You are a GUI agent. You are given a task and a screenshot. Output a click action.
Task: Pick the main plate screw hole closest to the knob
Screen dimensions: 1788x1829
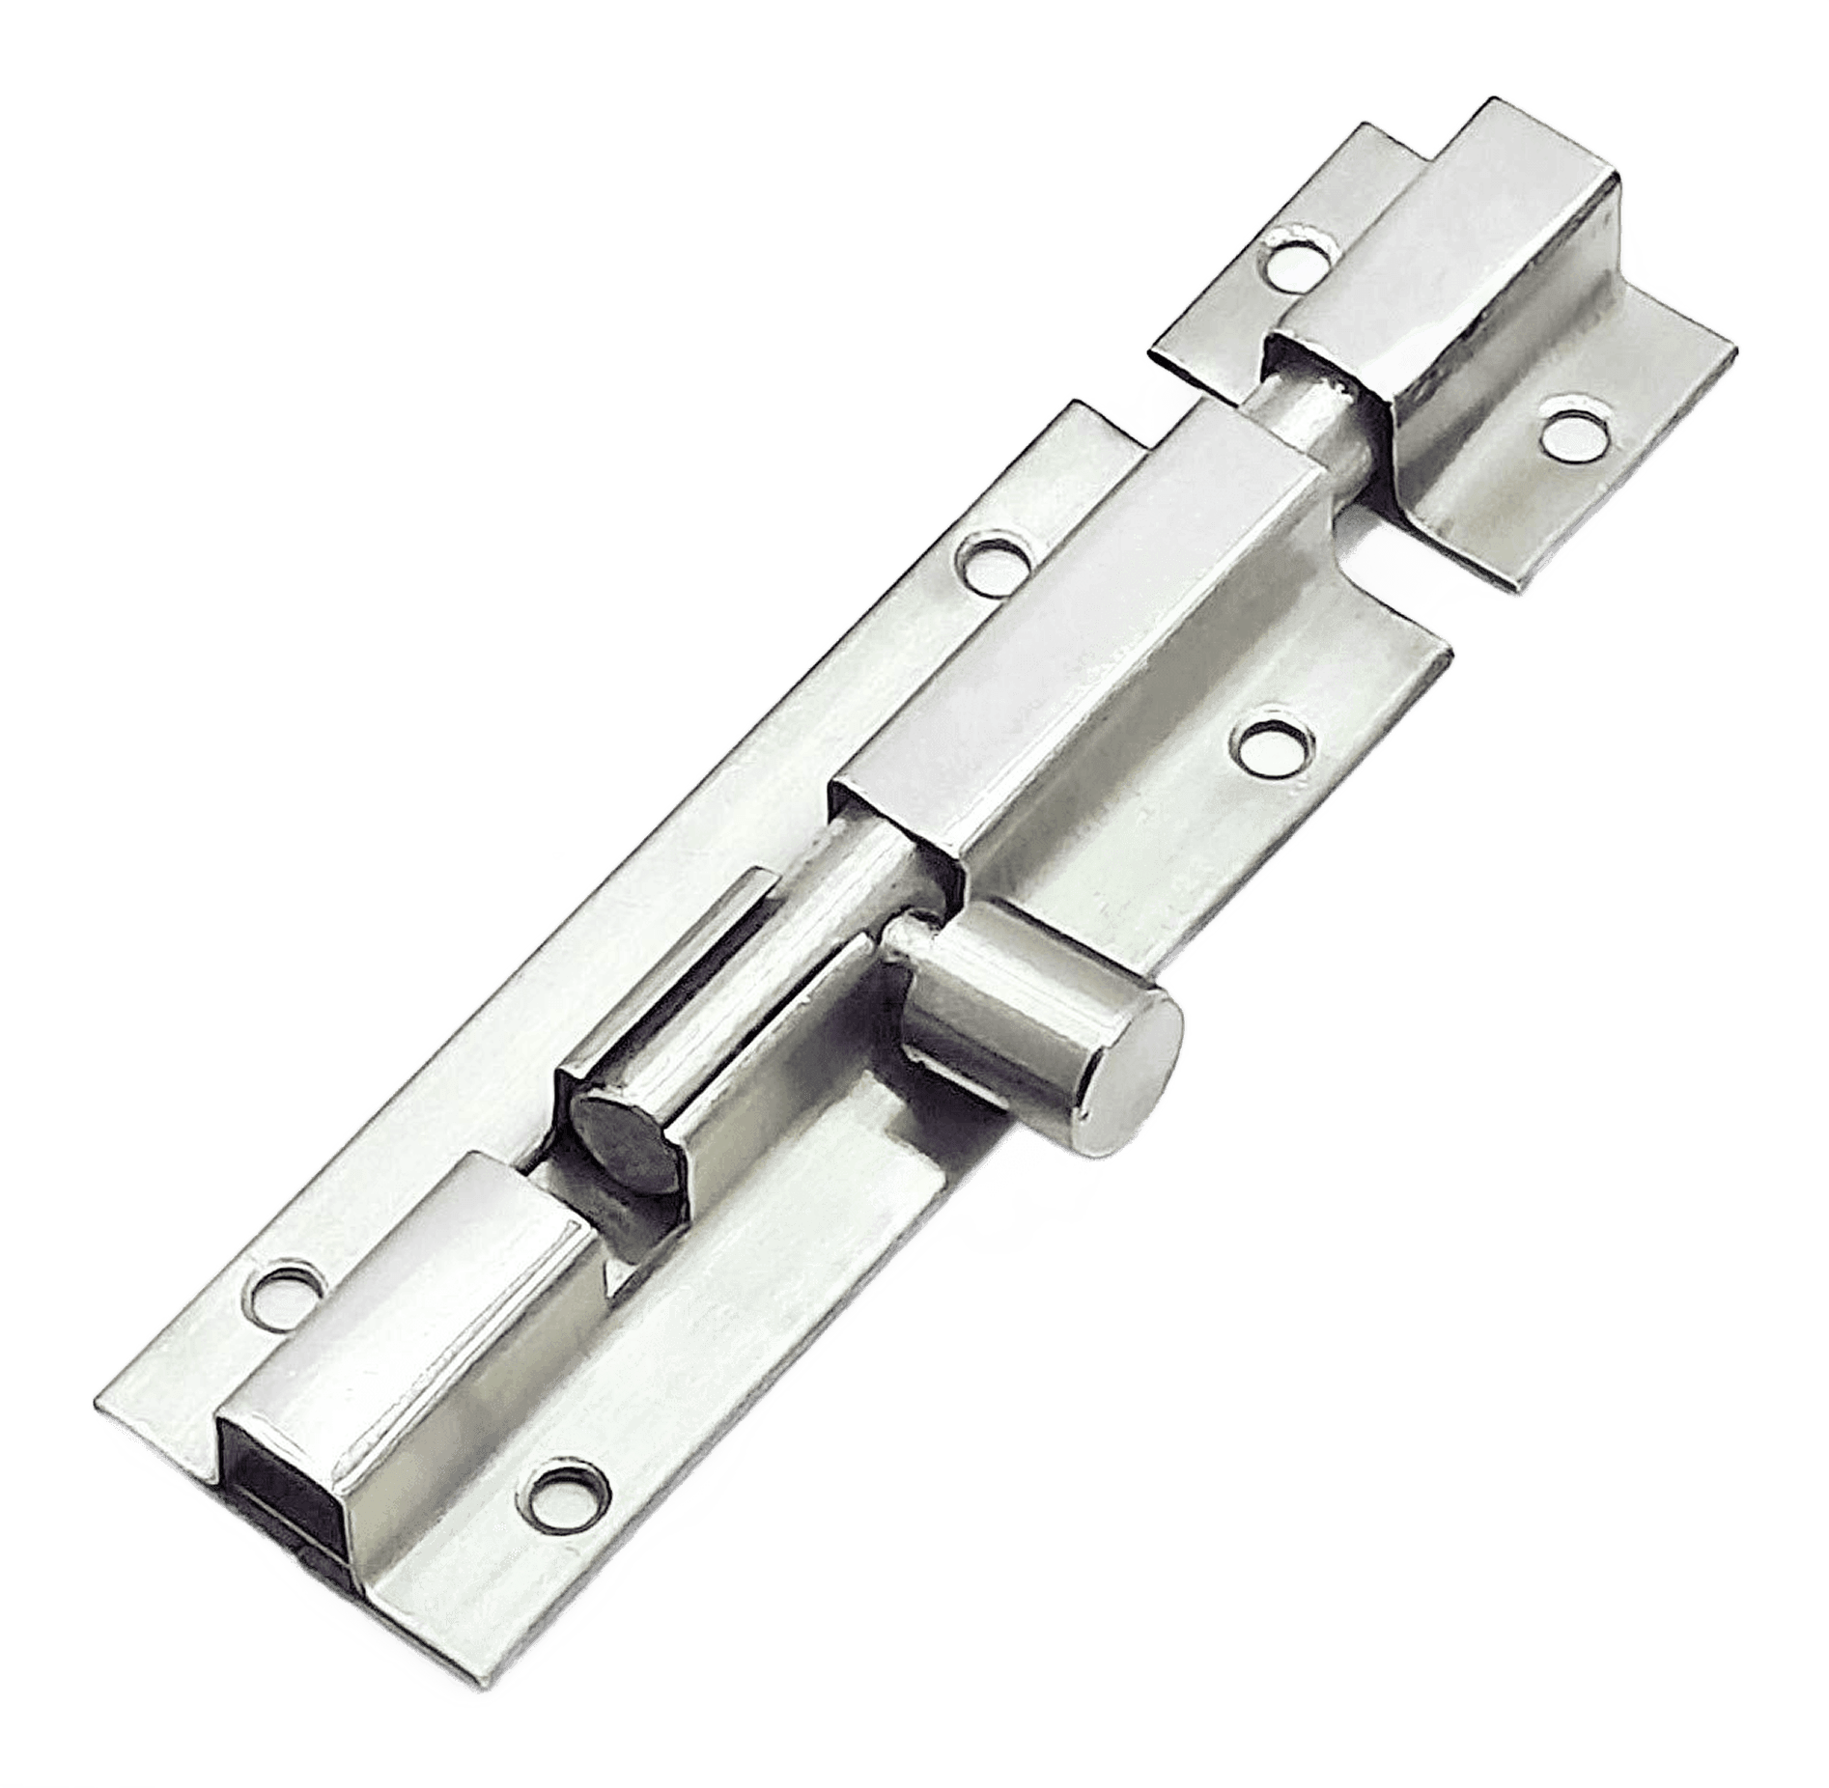(x=1275, y=748)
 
